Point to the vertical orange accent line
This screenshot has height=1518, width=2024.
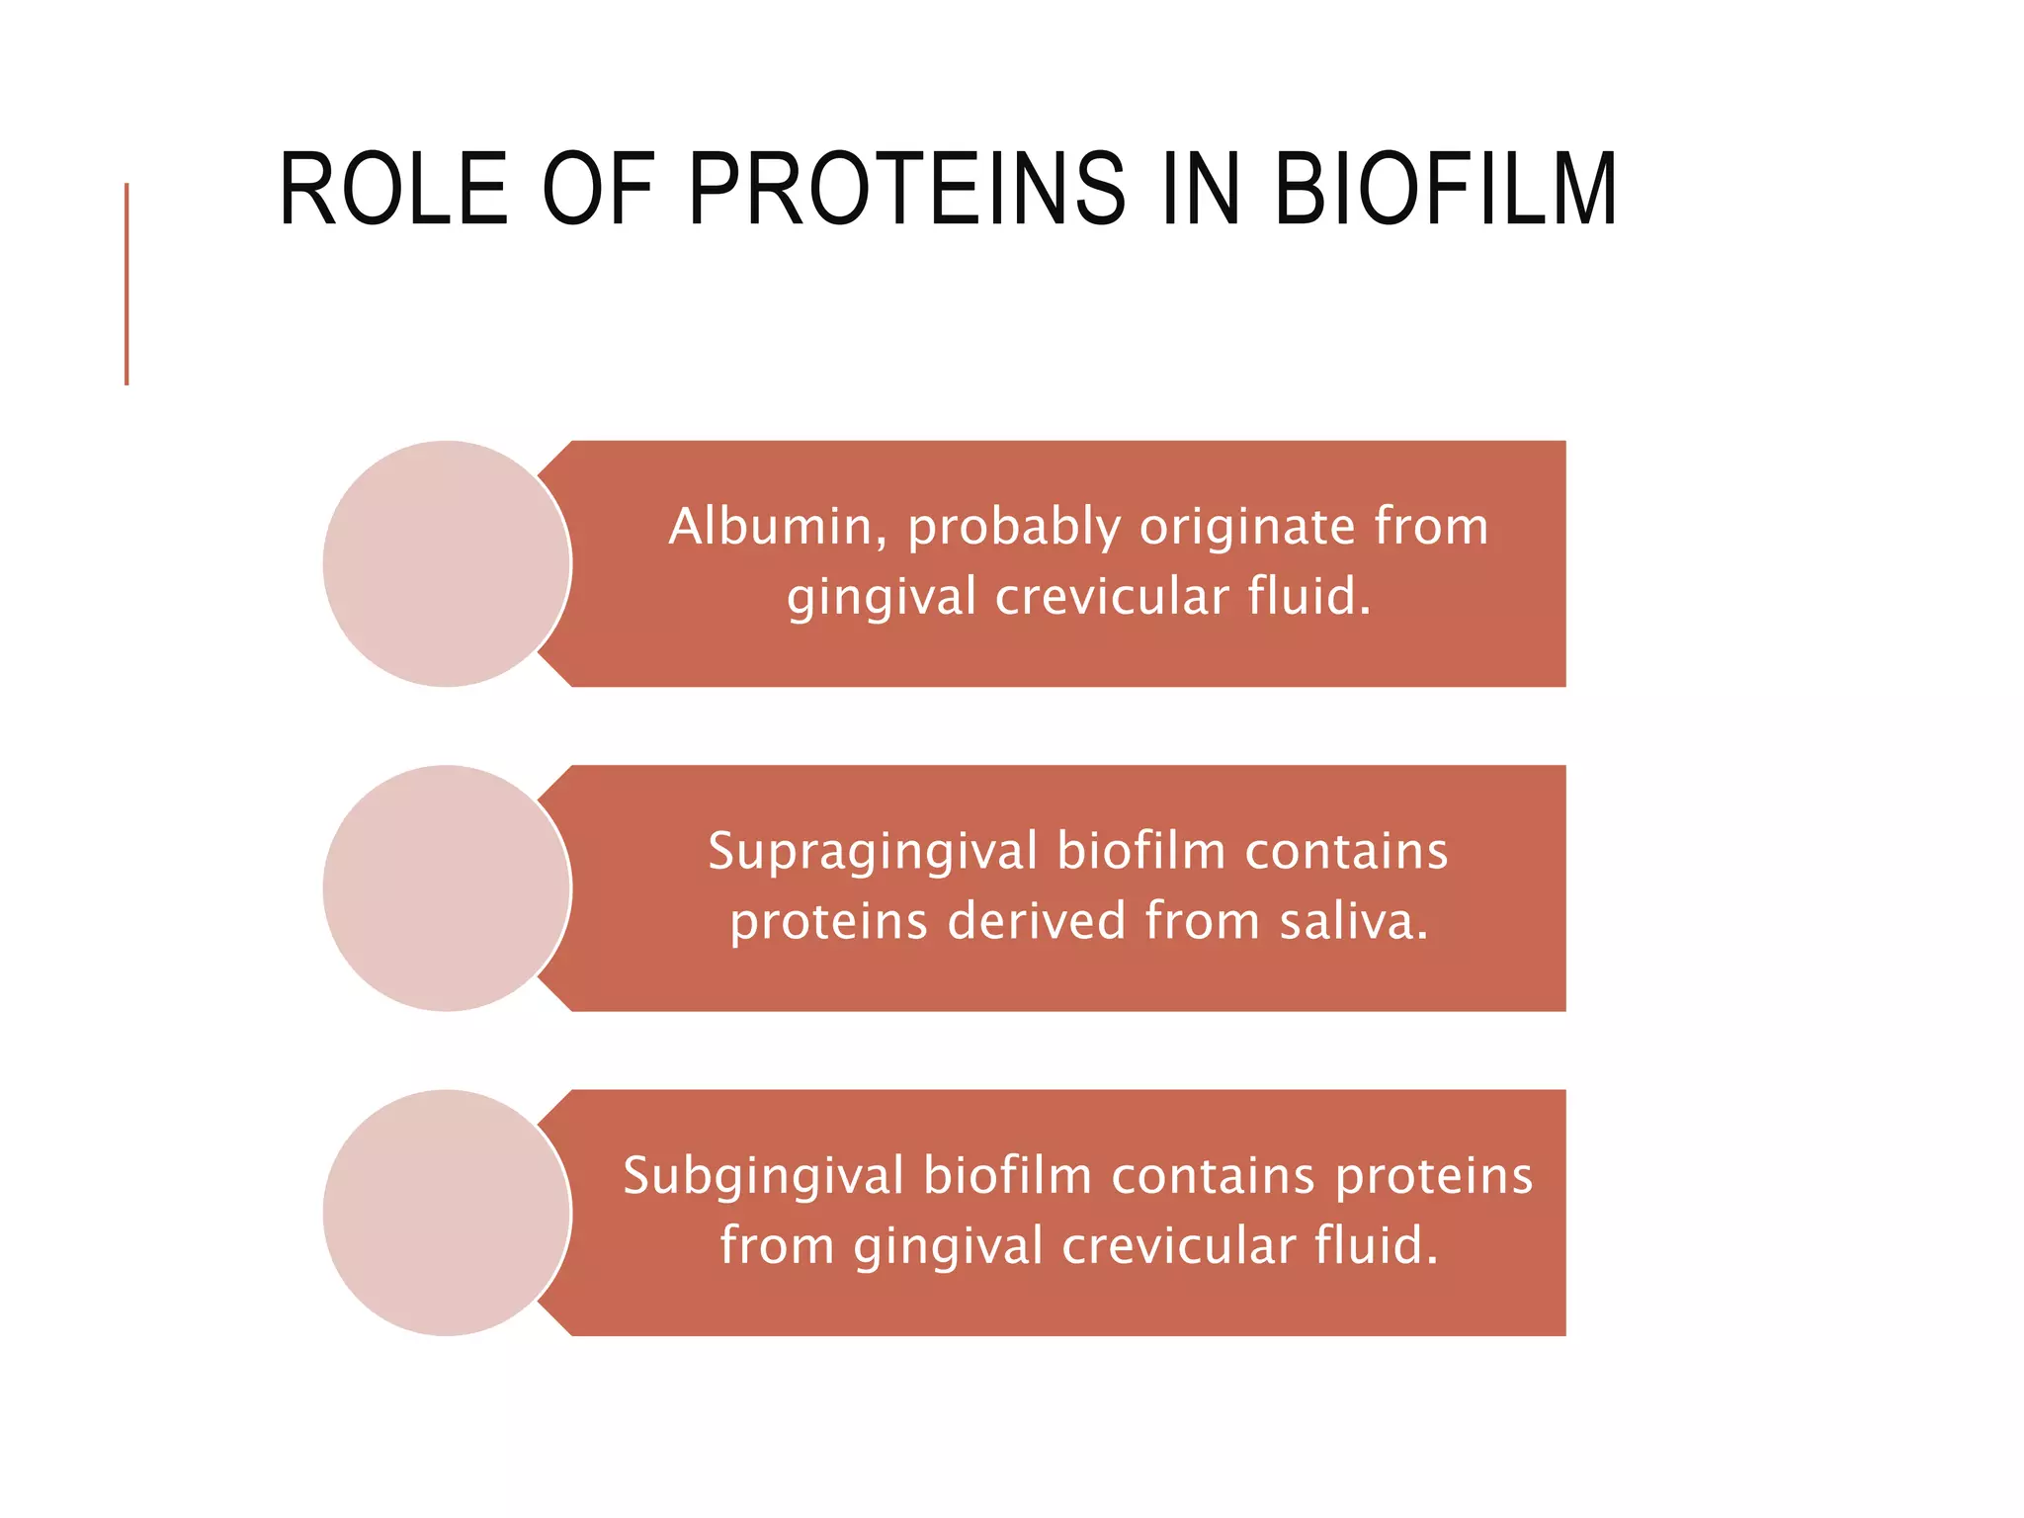point(126,284)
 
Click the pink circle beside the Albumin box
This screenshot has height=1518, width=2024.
point(447,563)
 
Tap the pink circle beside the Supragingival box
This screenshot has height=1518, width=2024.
point(447,887)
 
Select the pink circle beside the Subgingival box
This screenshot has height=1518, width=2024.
point(447,1213)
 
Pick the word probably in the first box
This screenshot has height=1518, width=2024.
point(1014,528)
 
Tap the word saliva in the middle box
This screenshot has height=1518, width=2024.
point(1352,921)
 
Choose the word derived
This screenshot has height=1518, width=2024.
point(1036,921)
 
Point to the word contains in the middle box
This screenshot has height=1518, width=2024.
point(1346,852)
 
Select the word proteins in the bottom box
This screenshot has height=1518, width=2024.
point(1434,1177)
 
